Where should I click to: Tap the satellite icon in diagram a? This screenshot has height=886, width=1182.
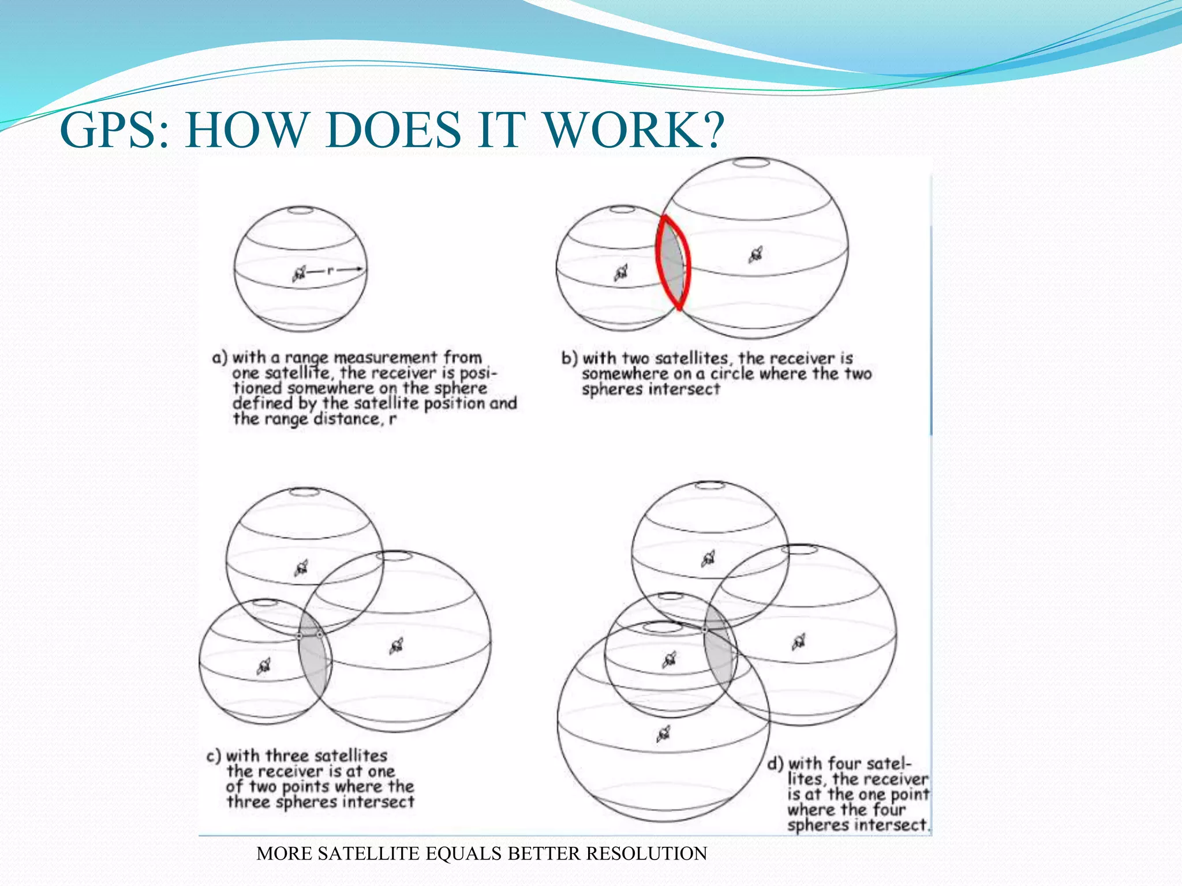[x=299, y=273]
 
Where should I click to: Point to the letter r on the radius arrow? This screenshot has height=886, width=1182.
[x=330, y=270]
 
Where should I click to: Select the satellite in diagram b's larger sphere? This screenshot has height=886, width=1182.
[x=755, y=254]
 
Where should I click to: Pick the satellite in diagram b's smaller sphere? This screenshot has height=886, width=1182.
[x=621, y=273]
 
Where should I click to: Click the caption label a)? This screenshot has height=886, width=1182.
[x=220, y=358]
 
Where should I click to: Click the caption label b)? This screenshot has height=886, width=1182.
[x=569, y=358]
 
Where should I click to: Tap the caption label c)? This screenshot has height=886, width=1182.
[x=214, y=756]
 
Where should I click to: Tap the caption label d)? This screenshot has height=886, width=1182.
[x=775, y=764]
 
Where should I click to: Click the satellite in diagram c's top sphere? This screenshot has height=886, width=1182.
[x=301, y=568]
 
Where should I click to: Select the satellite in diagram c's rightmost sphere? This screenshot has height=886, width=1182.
[x=397, y=646]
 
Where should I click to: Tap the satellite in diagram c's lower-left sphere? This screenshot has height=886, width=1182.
[x=263, y=666]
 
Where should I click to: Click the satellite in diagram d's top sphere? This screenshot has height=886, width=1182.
[x=708, y=558]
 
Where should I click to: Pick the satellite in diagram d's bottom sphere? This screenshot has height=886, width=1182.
[x=664, y=734]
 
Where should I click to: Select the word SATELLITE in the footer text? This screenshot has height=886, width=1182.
[x=368, y=854]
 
